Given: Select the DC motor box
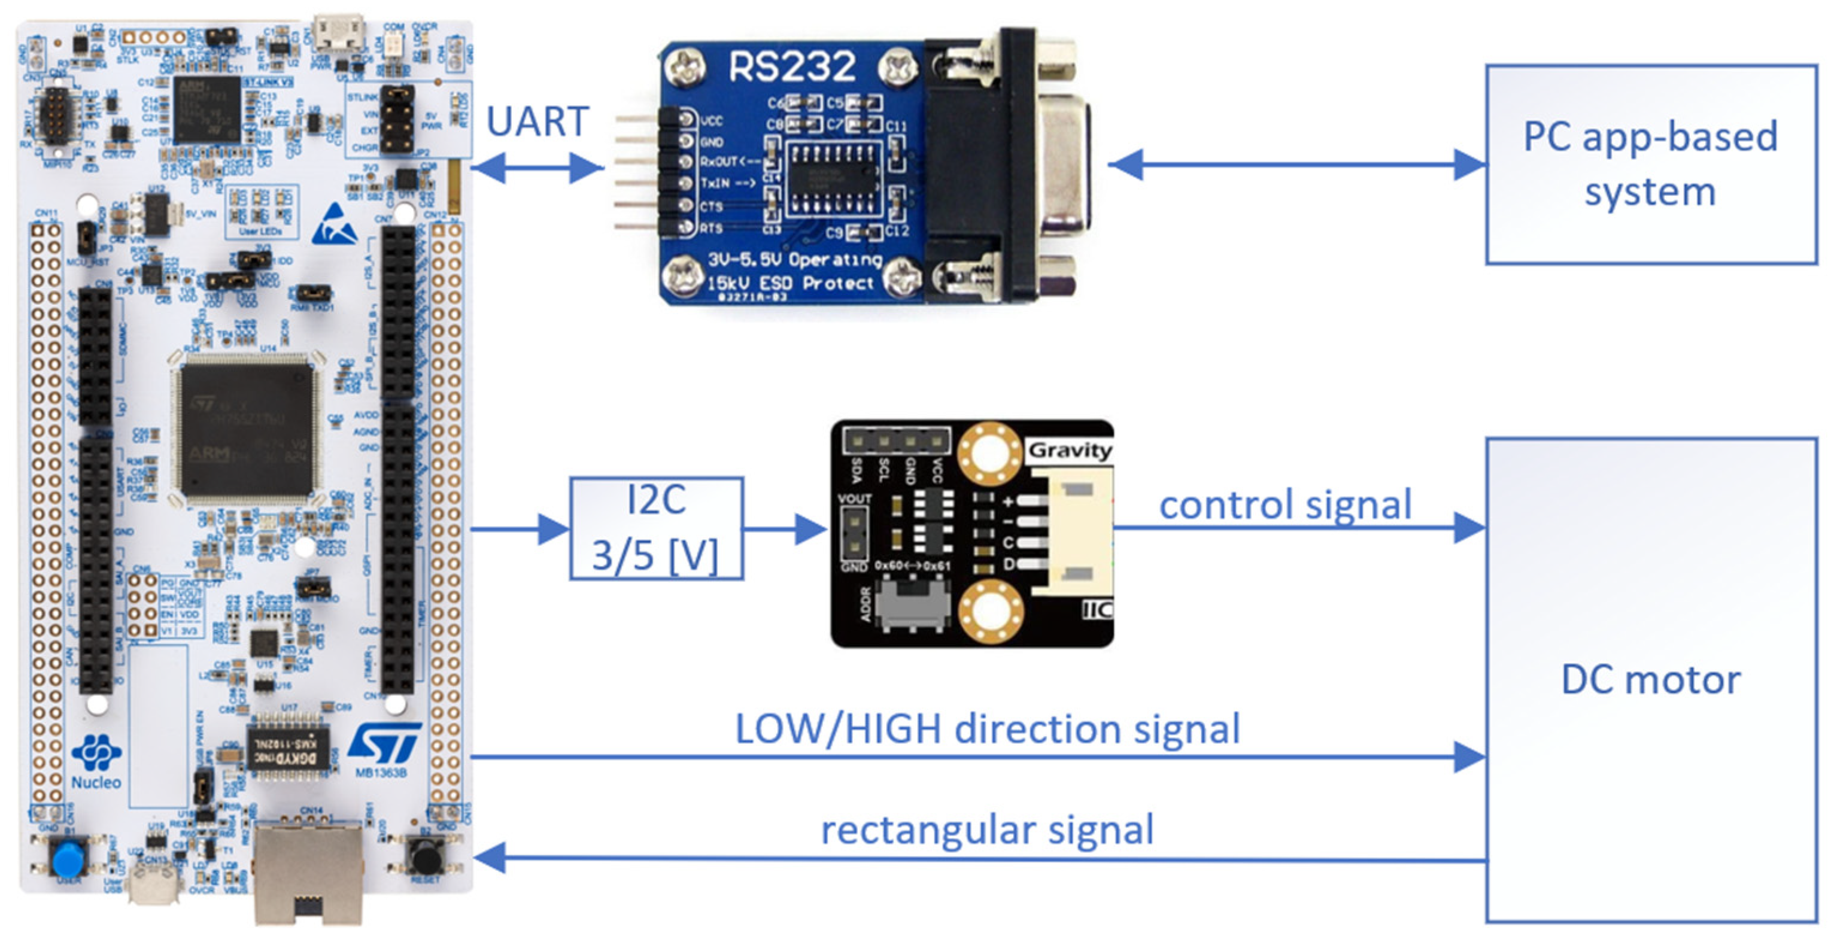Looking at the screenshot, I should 1650,680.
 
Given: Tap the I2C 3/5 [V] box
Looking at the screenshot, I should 656,528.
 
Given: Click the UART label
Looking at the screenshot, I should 538,121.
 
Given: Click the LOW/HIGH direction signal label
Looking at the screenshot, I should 986,729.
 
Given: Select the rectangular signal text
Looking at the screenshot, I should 986,829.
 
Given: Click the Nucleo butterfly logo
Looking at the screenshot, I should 96,752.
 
